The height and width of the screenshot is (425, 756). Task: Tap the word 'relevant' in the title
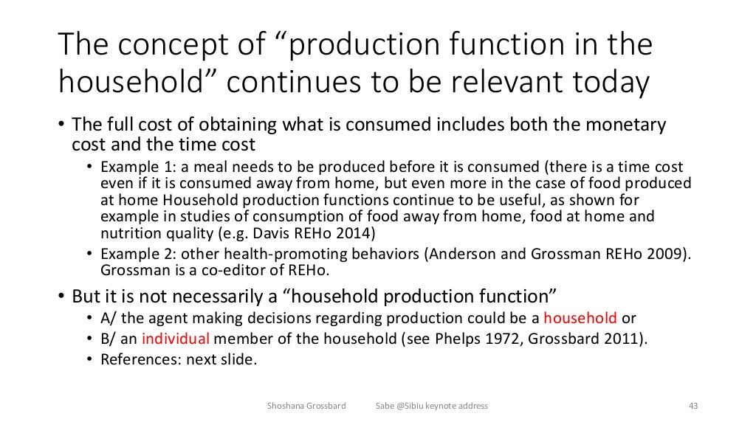512,83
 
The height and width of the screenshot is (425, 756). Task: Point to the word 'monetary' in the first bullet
629,126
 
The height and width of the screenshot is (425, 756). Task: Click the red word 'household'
580,319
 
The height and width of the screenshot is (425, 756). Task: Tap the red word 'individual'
176,339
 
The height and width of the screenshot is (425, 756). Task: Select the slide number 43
693,406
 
